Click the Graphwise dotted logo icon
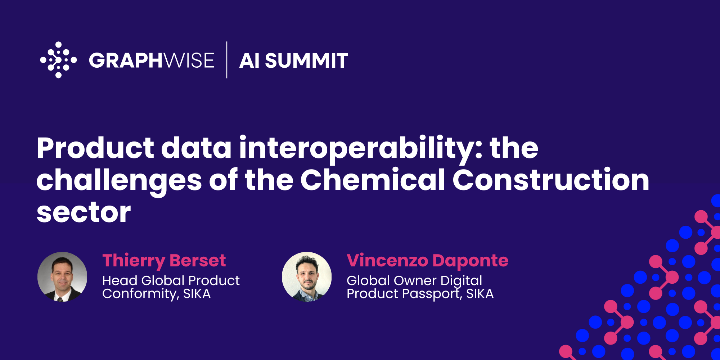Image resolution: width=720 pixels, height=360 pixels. coord(58,60)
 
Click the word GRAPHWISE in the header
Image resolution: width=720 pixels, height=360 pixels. coord(151,60)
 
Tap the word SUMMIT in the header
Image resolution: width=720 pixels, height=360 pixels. coord(306,60)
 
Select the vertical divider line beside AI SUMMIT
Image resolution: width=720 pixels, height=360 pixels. coord(227,60)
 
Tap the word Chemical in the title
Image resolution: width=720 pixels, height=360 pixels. coord(373,180)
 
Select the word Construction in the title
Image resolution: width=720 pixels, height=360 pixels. coord(551,180)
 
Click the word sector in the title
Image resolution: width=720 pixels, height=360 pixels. coord(84,212)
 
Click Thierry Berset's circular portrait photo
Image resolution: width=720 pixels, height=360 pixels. coord(62,276)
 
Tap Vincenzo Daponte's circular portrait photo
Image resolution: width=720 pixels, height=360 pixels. coord(307,276)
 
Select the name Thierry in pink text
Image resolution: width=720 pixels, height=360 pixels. coord(134,261)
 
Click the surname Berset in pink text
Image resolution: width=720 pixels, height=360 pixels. coord(198,260)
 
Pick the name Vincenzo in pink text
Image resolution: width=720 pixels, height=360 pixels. coord(387,260)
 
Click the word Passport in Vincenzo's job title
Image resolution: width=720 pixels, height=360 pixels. coord(432,294)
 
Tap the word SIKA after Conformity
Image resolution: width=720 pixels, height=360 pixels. coord(197,294)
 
